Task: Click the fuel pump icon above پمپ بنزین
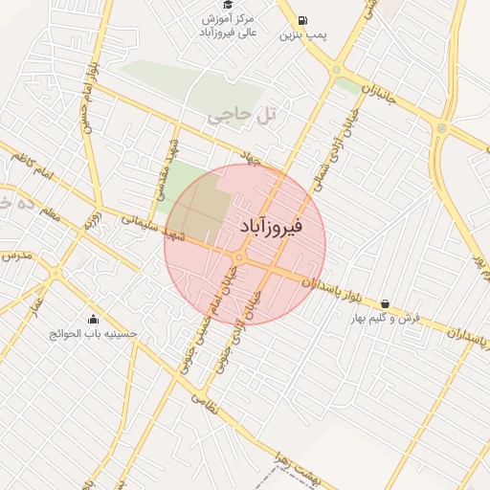coord(303,20)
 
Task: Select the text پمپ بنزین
coord(303,35)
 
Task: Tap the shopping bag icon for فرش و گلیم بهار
coord(385,303)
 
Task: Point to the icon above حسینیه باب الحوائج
coord(93,320)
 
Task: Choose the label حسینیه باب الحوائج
coord(94,335)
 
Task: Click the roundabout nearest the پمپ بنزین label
coord(336,69)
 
